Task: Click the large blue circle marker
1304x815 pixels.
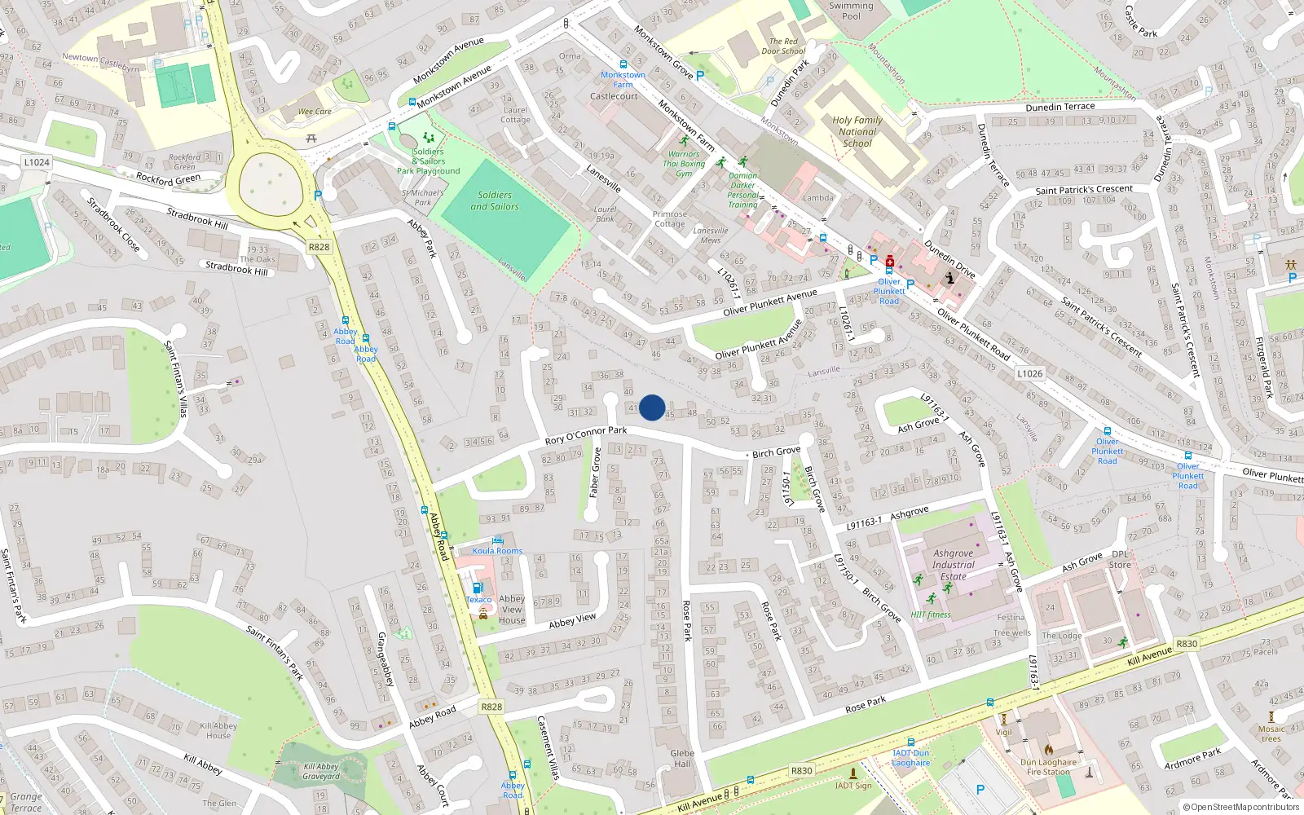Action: pos(652,407)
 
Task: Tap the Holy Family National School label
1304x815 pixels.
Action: pos(857,131)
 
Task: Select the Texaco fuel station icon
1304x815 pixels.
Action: pos(479,587)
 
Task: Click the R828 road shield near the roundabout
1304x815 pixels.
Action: pos(319,247)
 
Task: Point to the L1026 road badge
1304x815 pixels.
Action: pos(1029,373)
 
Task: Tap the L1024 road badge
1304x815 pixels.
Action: pos(37,162)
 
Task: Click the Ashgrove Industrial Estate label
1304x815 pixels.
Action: pos(953,565)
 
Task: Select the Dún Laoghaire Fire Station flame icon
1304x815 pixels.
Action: pos(1049,749)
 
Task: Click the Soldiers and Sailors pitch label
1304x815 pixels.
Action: pos(495,200)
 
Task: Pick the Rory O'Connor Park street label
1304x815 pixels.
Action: pos(586,435)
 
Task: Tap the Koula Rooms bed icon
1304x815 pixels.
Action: pos(499,540)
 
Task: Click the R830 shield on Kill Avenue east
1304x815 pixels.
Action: pos(1187,644)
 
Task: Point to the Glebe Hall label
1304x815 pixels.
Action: pos(682,758)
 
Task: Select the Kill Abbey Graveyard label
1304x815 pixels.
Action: pos(321,771)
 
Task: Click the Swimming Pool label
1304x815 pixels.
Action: pos(851,11)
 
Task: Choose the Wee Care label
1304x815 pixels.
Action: pos(315,112)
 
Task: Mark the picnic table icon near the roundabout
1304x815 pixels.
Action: pos(311,139)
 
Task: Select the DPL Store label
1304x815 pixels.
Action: pos(1121,559)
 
